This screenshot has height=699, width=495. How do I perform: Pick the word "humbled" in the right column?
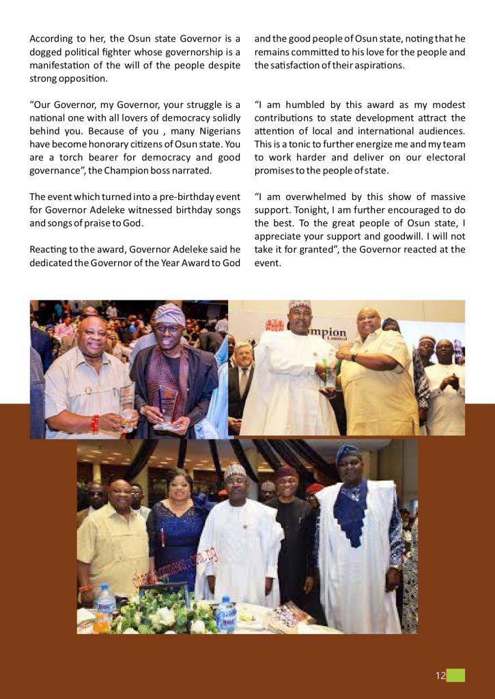coord(306,105)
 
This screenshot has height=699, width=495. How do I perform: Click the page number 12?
coord(440,676)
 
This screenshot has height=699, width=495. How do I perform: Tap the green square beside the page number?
coord(456,675)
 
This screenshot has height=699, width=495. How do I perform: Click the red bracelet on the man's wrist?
coord(94,423)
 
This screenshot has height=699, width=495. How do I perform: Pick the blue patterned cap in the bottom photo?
coord(348,454)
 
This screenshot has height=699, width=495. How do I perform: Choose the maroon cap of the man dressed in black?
coord(287,471)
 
